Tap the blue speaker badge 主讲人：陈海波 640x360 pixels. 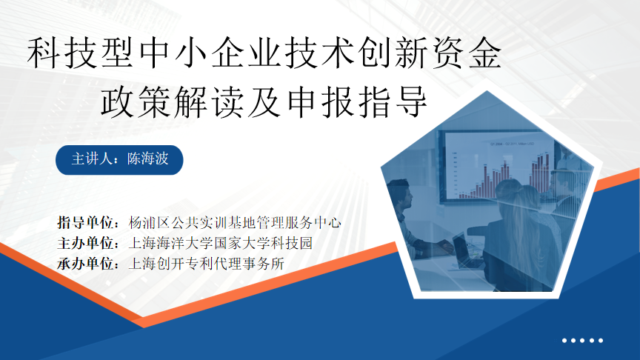click(x=119, y=159)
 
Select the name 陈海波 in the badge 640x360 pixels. click(x=148, y=159)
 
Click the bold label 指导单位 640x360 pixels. click(x=88, y=221)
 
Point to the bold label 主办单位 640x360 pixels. click(x=88, y=242)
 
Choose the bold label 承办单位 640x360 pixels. click(x=88, y=263)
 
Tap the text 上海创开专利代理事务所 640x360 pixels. click(x=207, y=263)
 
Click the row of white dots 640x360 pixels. click(x=583, y=341)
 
